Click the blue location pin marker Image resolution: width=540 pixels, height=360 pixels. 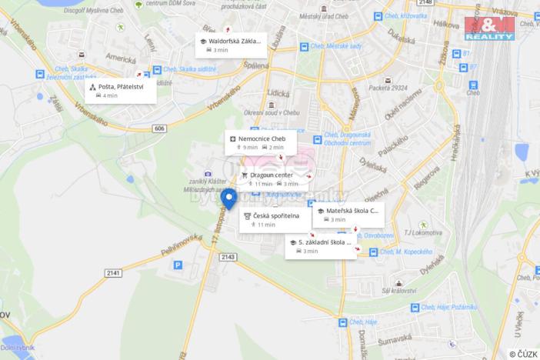(x=229, y=198)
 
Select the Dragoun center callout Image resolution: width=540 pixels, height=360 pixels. (x=272, y=178)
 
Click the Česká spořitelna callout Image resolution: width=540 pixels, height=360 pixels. (x=275, y=220)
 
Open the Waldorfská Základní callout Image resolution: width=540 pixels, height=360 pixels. (x=230, y=45)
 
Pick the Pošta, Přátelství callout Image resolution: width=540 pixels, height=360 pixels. (x=121, y=91)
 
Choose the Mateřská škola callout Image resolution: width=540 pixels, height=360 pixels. (x=348, y=214)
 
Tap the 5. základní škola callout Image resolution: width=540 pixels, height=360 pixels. (x=321, y=246)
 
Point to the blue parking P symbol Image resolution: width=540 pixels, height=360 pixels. (x=178, y=265)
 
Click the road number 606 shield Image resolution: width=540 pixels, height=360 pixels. (x=159, y=128)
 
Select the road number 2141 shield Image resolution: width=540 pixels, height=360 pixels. (x=113, y=273)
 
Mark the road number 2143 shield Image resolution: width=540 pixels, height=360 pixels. (x=228, y=256)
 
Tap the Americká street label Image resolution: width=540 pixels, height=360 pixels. (x=122, y=58)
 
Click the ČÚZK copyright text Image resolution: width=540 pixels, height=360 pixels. (x=522, y=354)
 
